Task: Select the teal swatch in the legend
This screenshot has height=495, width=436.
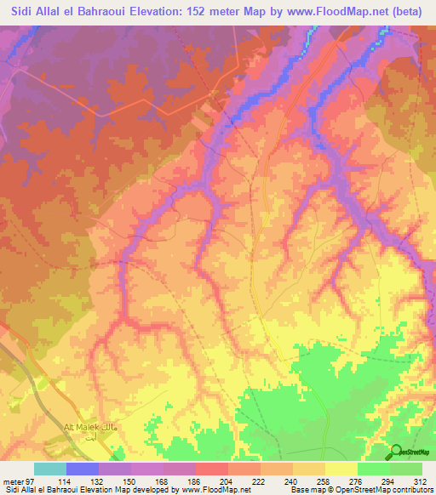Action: (x=50, y=469)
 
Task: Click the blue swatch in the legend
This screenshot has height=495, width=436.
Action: (x=83, y=469)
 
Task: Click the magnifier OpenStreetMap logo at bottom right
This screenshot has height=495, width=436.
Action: (x=396, y=451)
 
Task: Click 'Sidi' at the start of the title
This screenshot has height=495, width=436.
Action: (x=26, y=12)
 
